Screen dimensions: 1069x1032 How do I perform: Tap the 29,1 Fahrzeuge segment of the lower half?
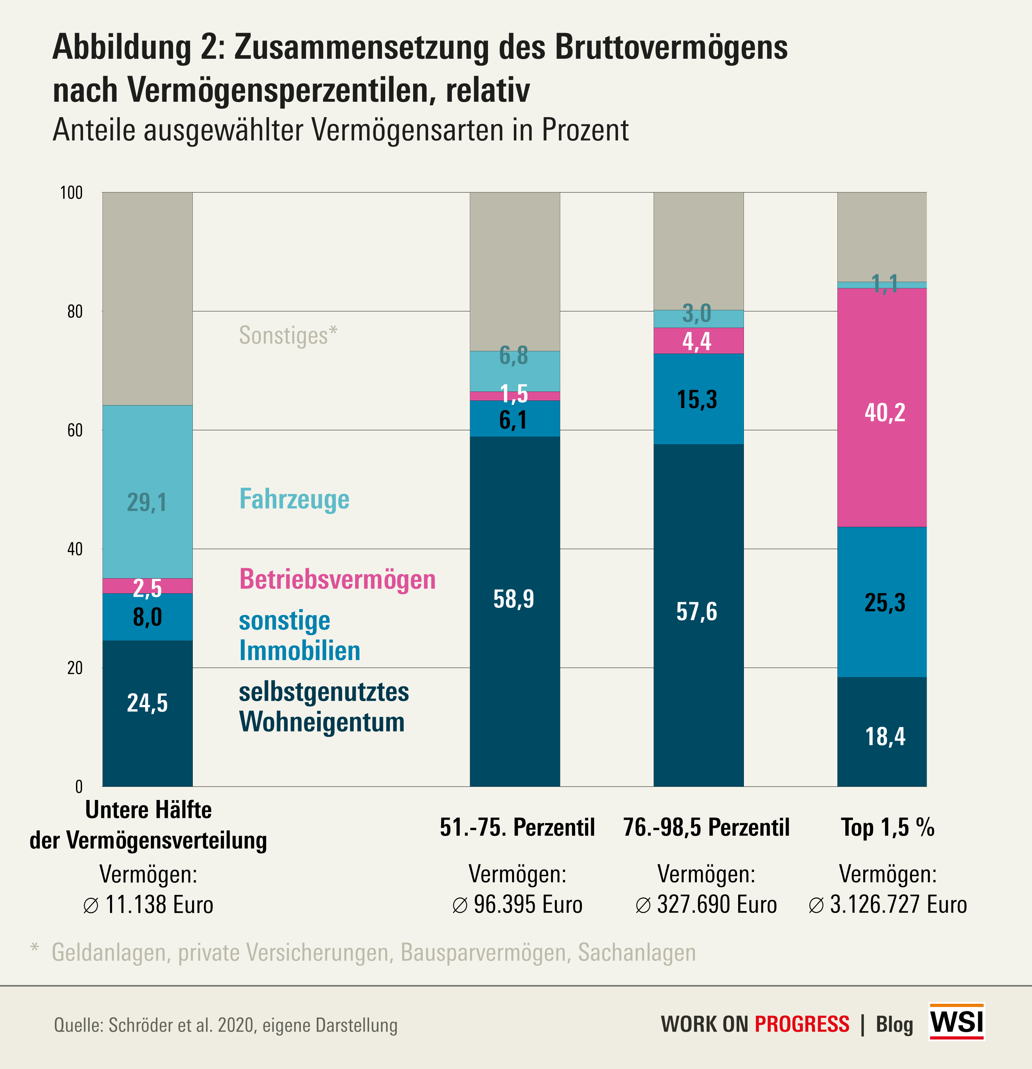click(x=147, y=491)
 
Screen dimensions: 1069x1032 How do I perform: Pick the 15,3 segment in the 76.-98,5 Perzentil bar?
click(x=698, y=399)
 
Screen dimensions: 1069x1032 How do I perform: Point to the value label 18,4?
click(x=885, y=736)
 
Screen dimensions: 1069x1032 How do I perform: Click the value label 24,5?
click(x=147, y=703)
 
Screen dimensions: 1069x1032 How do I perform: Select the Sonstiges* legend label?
click(x=288, y=335)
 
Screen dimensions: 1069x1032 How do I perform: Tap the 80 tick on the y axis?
click(x=75, y=311)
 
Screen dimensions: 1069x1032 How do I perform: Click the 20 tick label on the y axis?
click(x=75, y=667)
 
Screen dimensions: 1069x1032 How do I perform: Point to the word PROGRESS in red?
click(x=802, y=1024)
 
